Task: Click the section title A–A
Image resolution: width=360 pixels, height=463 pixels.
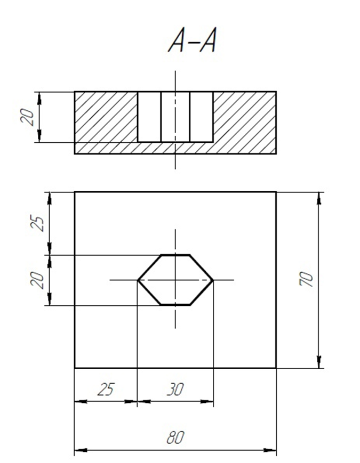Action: click(192, 40)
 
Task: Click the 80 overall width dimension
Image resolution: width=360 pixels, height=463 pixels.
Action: click(175, 437)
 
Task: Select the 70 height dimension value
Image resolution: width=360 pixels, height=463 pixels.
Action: click(306, 279)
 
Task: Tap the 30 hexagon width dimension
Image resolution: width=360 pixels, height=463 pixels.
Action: click(175, 389)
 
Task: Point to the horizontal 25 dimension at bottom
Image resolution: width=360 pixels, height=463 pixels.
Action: click(106, 389)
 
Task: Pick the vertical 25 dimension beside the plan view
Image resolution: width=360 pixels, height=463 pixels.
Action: click(37, 224)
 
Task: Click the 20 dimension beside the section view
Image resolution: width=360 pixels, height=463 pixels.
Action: click(27, 117)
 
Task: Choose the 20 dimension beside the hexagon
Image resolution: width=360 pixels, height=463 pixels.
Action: click(37, 280)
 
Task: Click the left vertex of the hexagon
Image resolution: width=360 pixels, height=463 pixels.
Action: click(138, 280)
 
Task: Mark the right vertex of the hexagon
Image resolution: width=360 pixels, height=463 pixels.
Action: click(213, 280)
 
